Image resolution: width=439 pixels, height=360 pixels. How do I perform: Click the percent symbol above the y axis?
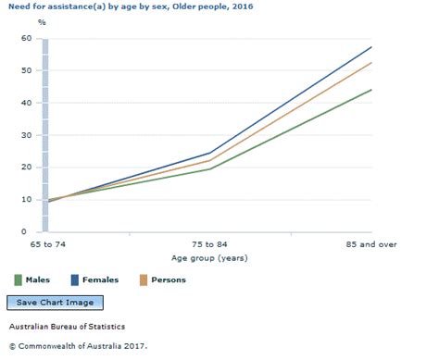coord(14,21)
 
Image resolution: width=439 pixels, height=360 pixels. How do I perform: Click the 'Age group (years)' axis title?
coord(210,258)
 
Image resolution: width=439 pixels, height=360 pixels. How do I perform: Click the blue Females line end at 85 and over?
coord(371,47)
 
